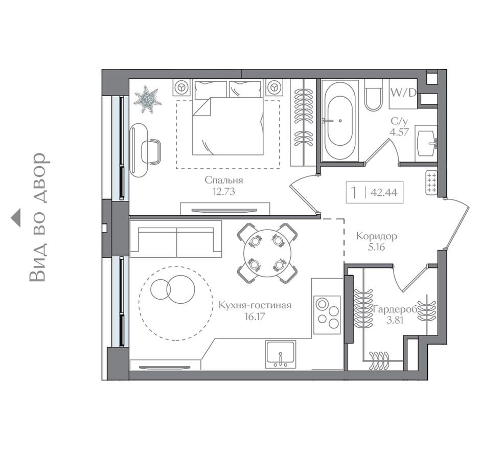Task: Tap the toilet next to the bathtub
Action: click(373, 95)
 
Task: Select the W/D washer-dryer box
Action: click(403, 93)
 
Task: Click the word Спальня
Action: click(223, 180)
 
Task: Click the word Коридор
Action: click(376, 237)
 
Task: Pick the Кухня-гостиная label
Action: click(255, 305)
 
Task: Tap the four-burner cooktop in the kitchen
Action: click(327, 313)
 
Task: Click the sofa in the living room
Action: click(175, 239)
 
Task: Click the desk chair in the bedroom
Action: click(151, 151)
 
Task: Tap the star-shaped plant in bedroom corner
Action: click(147, 99)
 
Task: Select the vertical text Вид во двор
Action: click(40, 217)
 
